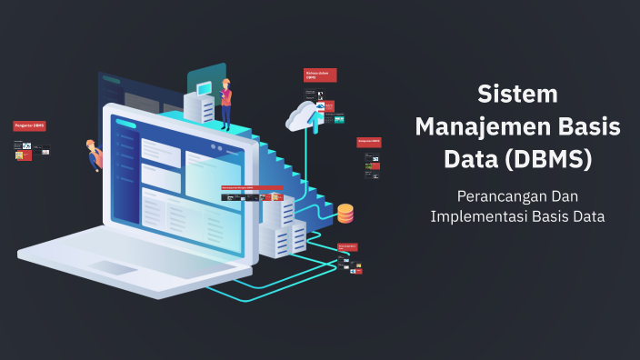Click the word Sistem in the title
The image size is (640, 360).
517,94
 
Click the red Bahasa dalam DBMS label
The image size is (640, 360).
320,75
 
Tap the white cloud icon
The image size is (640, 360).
302,115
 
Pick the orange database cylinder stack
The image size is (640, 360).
345,214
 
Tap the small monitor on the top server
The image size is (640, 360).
204,88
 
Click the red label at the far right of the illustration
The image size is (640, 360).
368,142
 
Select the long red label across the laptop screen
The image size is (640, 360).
252,186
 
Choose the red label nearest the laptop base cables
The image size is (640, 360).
348,245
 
